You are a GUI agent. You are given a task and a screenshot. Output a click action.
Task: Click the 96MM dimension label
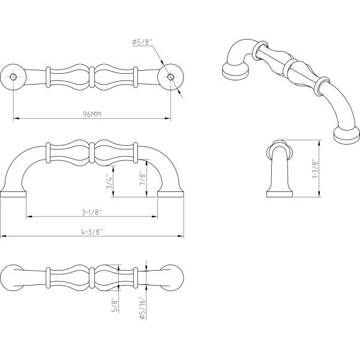(x=92, y=114)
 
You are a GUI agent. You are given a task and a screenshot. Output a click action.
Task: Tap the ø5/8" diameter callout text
(x=142, y=42)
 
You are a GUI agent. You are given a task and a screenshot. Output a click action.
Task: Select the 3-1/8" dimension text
(x=92, y=212)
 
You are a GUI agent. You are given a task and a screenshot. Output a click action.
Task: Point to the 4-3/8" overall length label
(x=92, y=232)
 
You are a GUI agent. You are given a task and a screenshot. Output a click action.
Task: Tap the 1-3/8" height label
(x=315, y=168)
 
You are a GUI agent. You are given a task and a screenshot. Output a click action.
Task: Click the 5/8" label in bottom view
(x=115, y=305)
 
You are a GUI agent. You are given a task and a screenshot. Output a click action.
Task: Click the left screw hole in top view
(x=13, y=77)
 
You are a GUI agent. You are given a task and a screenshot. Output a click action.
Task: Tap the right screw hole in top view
(x=170, y=77)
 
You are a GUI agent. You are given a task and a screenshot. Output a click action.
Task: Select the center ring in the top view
(x=92, y=77)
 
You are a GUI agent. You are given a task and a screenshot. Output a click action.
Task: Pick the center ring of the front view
(x=92, y=153)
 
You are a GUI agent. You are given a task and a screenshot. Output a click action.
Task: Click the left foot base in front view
(x=13, y=194)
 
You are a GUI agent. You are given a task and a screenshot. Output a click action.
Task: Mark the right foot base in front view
(x=170, y=194)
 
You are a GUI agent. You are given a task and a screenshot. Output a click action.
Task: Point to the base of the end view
(x=280, y=194)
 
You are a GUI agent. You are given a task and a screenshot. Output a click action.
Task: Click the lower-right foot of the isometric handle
(x=347, y=136)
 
